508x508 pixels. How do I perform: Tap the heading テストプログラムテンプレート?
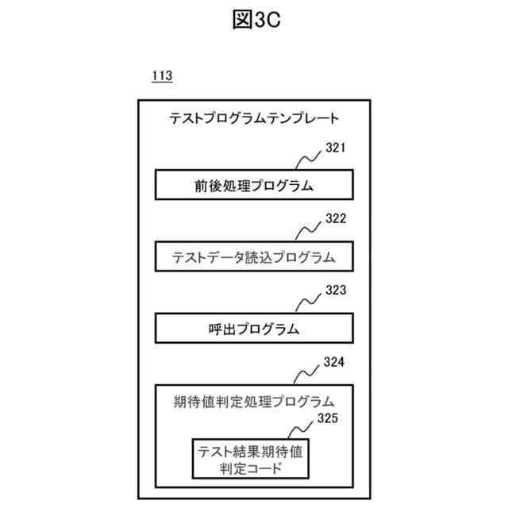[254, 119]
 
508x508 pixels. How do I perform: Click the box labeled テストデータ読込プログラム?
[253, 257]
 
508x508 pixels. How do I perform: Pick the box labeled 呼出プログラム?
[253, 327]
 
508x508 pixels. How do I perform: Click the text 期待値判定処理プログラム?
[253, 401]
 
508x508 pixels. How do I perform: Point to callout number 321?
[336, 148]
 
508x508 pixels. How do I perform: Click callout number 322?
[336, 218]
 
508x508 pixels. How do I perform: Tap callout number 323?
[336, 291]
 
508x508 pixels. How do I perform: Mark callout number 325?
[328, 418]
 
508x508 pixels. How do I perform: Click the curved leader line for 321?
[308, 160]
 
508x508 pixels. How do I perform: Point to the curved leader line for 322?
[308, 229]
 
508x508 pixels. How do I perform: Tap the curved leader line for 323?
[308, 302]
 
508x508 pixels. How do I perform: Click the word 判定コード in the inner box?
[253, 469]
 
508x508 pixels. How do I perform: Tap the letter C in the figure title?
[274, 21]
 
